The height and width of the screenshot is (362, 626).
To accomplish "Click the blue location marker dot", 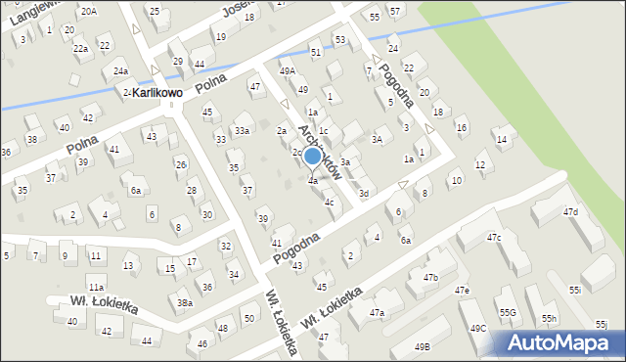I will (x=312, y=156).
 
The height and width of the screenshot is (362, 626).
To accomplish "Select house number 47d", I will (x=570, y=212).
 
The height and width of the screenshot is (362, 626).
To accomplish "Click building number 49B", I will (x=422, y=346).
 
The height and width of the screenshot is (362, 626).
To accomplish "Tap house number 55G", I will (x=508, y=313).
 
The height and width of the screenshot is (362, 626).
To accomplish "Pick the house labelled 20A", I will (x=89, y=11).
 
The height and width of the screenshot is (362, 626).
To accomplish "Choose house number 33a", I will (x=241, y=130).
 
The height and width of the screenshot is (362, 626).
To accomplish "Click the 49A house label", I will (x=287, y=71).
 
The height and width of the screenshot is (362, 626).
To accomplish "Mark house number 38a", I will (x=184, y=303).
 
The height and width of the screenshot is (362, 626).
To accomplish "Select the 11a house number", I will (x=96, y=287).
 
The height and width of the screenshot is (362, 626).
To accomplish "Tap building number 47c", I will (x=494, y=238).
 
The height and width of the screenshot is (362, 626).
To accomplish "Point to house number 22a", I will (x=80, y=48).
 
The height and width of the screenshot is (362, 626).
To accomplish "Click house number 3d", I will (x=364, y=194).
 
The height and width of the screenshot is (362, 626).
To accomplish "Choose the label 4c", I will (x=330, y=203).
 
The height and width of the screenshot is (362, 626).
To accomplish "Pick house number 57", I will (x=394, y=11).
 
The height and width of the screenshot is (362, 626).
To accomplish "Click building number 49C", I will (x=477, y=328).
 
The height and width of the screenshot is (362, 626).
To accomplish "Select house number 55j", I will (x=600, y=324).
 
